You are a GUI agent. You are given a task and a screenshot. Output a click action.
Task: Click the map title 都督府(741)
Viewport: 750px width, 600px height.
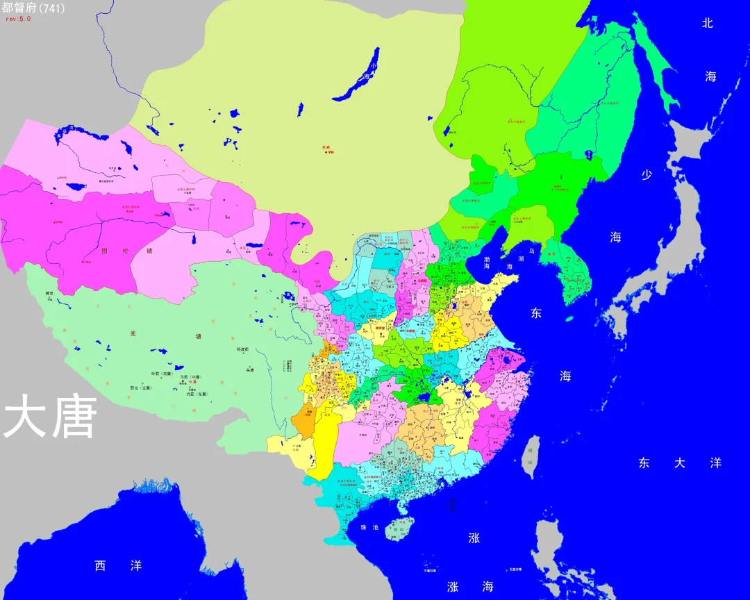(x=33, y=9)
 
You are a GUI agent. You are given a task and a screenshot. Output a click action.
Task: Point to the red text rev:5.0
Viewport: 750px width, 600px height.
(x=18, y=19)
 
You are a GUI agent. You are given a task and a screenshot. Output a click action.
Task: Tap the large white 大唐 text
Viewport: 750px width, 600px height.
(x=49, y=417)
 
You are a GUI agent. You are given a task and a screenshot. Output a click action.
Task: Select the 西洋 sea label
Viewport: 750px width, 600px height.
(x=118, y=566)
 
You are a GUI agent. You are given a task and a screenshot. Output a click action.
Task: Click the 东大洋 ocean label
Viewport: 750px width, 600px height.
(x=679, y=463)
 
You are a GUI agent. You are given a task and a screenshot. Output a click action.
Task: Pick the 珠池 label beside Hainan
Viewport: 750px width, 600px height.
(x=369, y=528)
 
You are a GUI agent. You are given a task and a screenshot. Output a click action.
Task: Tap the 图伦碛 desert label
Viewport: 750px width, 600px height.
(x=126, y=251)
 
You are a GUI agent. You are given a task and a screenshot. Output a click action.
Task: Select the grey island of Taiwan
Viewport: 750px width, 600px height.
(x=530, y=457)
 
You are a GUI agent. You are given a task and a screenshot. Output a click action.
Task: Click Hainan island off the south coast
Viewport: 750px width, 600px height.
(x=399, y=528)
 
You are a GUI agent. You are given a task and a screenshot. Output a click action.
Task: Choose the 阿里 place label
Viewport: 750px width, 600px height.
(x=49, y=294)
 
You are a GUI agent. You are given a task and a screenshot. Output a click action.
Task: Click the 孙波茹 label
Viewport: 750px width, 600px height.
(x=242, y=349)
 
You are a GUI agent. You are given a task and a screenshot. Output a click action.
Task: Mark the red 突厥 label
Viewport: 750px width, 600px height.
(x=326, y=147)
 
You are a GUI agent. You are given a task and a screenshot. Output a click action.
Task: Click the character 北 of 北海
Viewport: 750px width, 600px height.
(x=708, y=23)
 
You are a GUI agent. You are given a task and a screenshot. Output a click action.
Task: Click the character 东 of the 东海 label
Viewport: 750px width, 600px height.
(x=536, y=313)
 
